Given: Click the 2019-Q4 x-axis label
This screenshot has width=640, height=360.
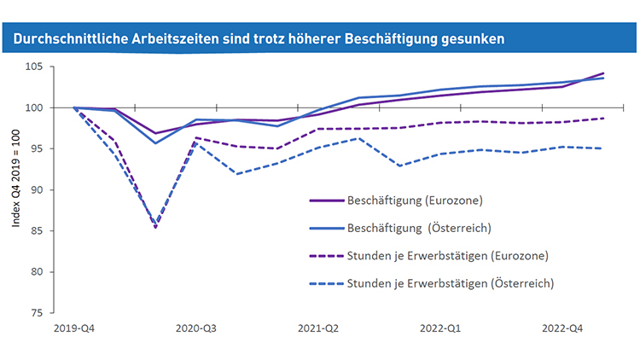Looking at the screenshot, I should pos(73,328).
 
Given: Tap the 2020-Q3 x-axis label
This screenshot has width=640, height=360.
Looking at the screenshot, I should pos(195,328).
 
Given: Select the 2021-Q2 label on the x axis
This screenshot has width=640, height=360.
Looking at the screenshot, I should pos(317,328).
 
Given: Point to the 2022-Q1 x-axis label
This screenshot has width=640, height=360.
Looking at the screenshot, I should pos(440,328).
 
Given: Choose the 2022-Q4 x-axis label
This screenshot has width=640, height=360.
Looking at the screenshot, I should pos(562,328).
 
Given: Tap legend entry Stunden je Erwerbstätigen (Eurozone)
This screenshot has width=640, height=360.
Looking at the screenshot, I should pos(448,255).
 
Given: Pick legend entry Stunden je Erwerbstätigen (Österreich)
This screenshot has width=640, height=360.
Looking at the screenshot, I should pos(451,282).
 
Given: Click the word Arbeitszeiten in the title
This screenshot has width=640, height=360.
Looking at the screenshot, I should pos(172,38).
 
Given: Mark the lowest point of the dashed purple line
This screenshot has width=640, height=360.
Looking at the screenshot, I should pos(155,228).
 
